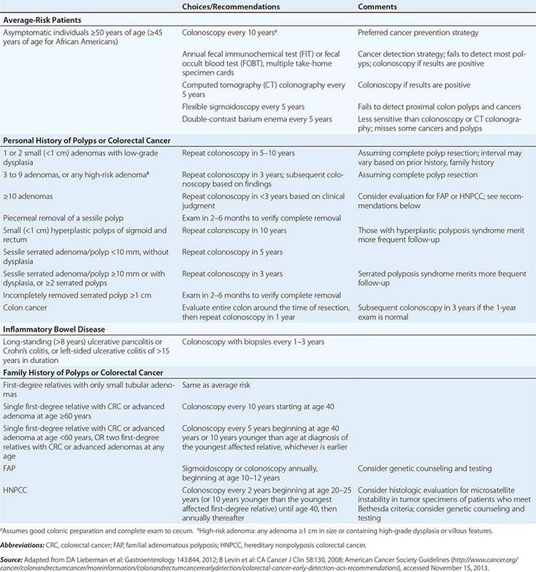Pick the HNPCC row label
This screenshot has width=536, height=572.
pyautogui.click(x=15, y=490)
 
